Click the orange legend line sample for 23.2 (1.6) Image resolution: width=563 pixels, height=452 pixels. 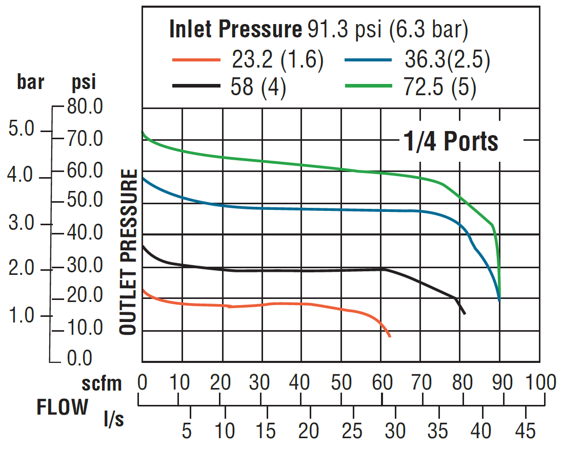tap(197, 60)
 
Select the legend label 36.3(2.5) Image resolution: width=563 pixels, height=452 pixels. tap(447, 60)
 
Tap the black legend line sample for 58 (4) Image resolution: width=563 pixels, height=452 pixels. tap(197, 85)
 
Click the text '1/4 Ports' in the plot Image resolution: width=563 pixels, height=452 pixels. tap(451, 141)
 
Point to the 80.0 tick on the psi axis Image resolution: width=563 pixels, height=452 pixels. tap(85, 107)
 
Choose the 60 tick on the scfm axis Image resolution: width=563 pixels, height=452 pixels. tap(381, 382)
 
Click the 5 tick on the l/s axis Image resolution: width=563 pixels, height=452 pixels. tap(187, 431)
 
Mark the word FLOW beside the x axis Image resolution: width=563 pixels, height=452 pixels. tap(62, 407)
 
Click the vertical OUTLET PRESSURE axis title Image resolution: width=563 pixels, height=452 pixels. tap(129, 253)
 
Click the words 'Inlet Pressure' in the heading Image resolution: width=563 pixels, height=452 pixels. tap(235, 31)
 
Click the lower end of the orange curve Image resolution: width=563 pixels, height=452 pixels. tap(390, 336)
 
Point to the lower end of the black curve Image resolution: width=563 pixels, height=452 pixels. tap(464, 313)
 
